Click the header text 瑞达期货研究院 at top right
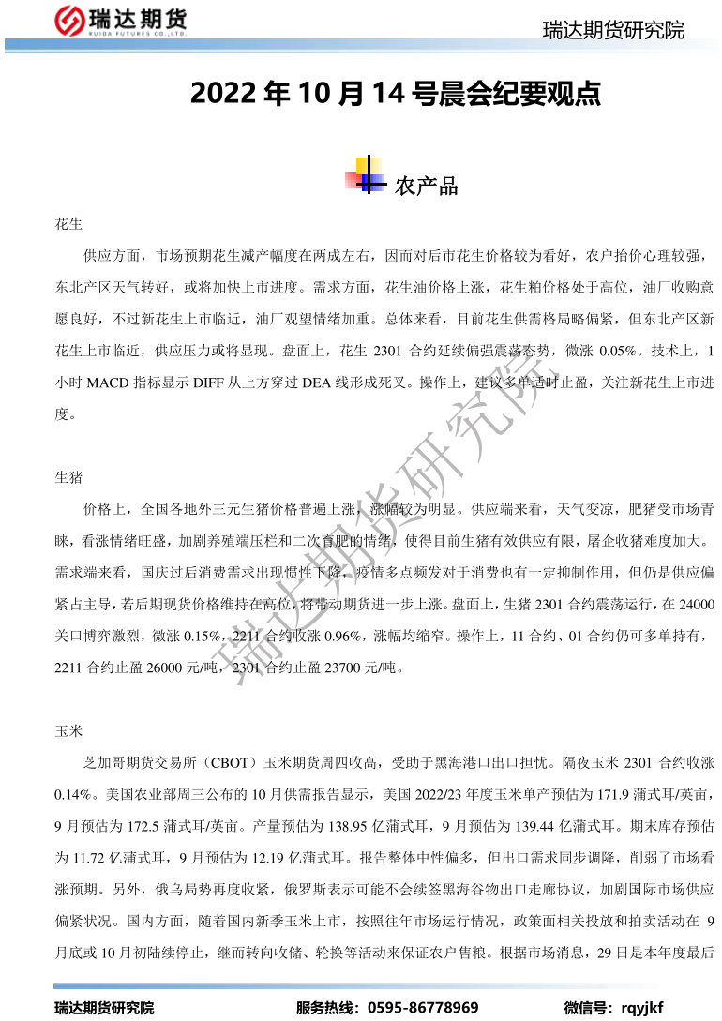(613, 30)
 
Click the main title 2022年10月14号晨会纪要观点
(395, 94)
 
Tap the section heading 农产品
(427, 186)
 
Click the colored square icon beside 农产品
(366, 178)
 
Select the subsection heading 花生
(69, 225)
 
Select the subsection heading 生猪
(69, 477)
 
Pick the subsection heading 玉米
(69, 728)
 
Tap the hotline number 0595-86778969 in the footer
(423, 1007)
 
